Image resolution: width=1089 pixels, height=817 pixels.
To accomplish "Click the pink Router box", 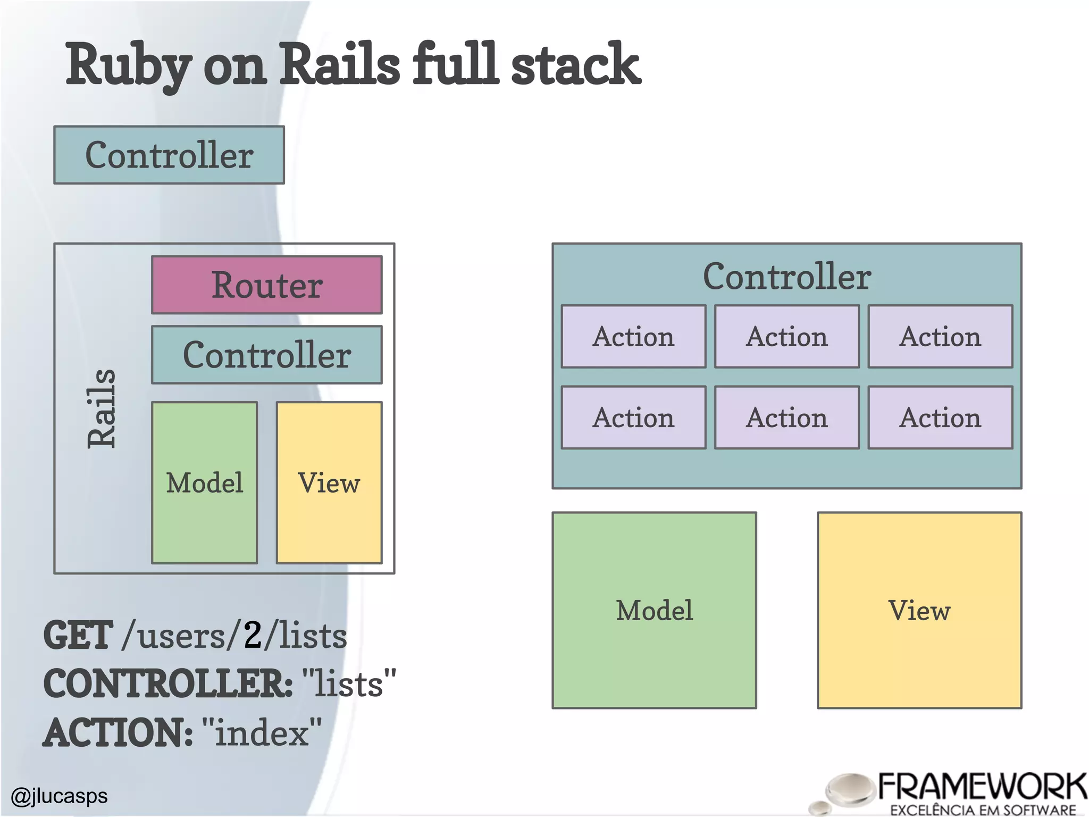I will (x=266, y=285).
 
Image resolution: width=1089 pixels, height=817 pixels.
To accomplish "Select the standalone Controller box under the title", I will (x=169, y=155).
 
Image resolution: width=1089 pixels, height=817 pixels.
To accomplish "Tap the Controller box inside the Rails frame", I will (x=266, y=355).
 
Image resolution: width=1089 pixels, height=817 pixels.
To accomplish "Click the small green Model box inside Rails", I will (x=204, y=482).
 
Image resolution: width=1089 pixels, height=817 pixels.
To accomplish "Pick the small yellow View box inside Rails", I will (x=329, y=482).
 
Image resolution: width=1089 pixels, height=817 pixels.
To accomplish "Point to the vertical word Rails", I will (x=101, y=408).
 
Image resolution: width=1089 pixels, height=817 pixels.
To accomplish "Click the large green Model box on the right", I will (x=654, y=610).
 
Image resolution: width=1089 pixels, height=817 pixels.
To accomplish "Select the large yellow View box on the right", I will (x=919, y=610).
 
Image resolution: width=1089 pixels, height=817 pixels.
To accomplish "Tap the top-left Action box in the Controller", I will (x=633, y=337).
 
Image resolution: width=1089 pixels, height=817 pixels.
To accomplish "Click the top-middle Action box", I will (x=786, y=337).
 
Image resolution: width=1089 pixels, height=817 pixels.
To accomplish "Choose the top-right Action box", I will (x=940, y=337).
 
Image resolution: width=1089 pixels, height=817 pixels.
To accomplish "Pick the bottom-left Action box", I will (x=633, y=418).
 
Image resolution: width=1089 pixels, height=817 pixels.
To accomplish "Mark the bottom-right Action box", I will (x=940, y=418).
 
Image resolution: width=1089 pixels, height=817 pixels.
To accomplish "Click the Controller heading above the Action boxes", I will (x=786, y=277).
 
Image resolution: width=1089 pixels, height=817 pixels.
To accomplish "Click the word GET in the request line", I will (x=78, y=636).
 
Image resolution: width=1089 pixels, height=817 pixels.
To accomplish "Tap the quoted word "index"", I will (x=262, y=732).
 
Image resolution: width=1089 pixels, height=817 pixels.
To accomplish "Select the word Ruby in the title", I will (x=128, y=65).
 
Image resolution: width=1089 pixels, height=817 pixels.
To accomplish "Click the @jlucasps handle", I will (x=59, y=796).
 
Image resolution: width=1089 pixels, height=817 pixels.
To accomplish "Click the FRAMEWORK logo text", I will (x=982, y=787).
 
